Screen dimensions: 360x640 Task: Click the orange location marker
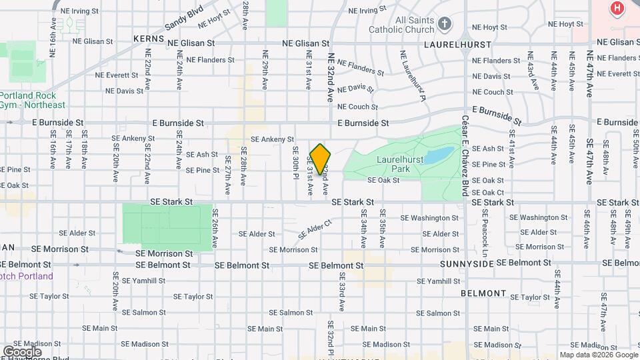pyautogui.click(x=320, y=159)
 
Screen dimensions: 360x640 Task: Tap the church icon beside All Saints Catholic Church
pyautogui.click(x=445, y=25)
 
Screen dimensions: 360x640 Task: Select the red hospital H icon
pyautogui.click(x=617, y=9)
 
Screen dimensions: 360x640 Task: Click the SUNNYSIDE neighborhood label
pyautogui.click(x=466, y=264)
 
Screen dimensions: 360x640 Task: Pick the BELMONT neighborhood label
pyautogui.click(x=483, y=293)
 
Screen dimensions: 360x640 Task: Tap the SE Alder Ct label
pyautogui.click(x=315, y=230)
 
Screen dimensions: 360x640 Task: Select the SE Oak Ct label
pyautogui.click(x=488, y=193)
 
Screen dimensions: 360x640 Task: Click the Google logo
pyautogui.click(x=22, y=351)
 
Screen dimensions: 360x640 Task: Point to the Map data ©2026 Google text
pyautogui.click(x=599, y=355)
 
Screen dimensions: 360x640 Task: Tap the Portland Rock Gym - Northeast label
pyautogui.click(x=33, y=100)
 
